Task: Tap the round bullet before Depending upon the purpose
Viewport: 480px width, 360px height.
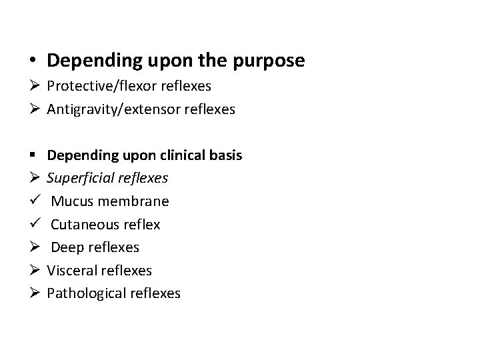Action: [32, 61]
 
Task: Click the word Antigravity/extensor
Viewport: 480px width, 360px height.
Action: [114, 109]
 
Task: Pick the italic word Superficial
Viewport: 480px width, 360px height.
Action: [79, 178]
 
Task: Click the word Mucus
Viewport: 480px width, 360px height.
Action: [71, 201]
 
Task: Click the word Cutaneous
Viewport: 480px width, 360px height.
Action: [84, 225]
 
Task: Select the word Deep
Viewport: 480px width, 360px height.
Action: [67, 247]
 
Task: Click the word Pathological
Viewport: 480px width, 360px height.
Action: [85, 293]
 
